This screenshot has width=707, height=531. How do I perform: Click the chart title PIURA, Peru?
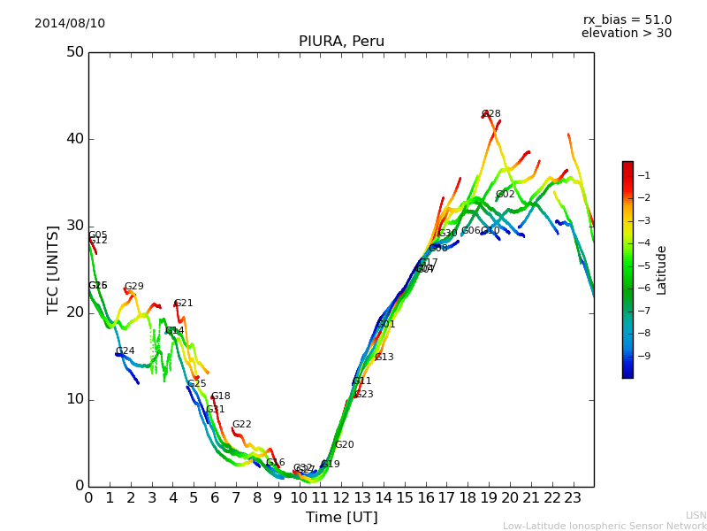click(x=341, y=42)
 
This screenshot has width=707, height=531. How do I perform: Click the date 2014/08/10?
click(x=70, y=23)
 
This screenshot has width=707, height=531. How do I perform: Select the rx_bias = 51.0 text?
click(x=627, y=19)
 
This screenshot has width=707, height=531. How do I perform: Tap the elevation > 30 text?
click(x=627, y=34)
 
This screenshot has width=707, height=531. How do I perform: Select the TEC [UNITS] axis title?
click(x=53, y=269)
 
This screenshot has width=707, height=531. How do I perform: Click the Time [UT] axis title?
click(x=341, y=518)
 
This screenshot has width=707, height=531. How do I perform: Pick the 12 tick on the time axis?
click(x=341, y=497)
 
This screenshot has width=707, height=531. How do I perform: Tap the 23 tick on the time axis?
click(x=573, y=497)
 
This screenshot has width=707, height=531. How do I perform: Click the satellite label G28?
click(x=491, y=114)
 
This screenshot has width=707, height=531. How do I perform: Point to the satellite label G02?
click(x=506, y=195)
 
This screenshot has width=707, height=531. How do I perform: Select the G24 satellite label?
click(x=125, y=351)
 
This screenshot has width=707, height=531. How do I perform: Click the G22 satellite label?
click(x=242, y=425)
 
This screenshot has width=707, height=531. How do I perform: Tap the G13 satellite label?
click(x=384, y=358)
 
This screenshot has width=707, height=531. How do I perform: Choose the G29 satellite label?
click(x=134, y=287)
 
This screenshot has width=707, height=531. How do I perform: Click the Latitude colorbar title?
click(x=662, y=270)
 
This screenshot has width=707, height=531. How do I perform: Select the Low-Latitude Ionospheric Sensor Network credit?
click(x=604, y=526)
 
